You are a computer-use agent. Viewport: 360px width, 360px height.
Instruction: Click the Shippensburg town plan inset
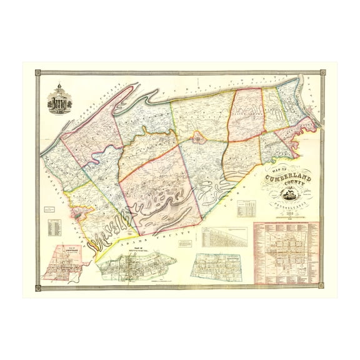(138, 265)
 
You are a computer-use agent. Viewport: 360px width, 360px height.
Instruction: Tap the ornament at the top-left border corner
(37, 74)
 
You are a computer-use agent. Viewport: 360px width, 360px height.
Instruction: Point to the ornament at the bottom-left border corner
(37, 287)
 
